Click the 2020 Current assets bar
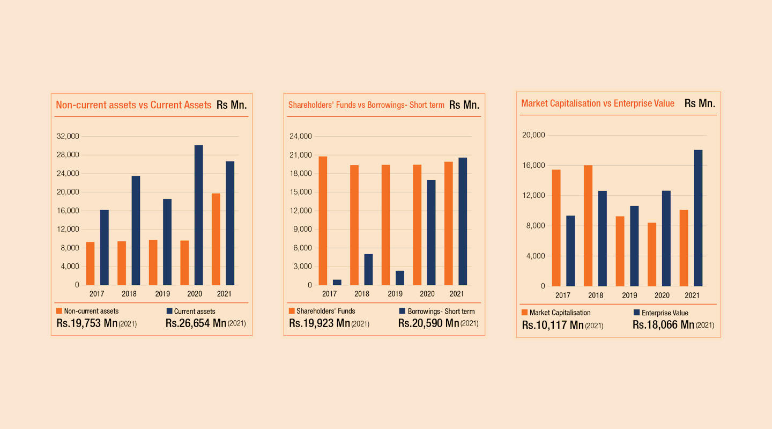pos(198,214)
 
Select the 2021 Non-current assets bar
pos(216,239)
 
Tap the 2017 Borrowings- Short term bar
pos(337,282)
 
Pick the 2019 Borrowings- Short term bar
pos(400,278)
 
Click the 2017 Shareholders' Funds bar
pos(323,220)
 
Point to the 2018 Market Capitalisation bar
pos(588,226)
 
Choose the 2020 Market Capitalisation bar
pos(652,254)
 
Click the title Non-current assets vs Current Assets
pos(133,105)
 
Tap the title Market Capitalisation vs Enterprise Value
pos(598,103)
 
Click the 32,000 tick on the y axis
pos(68,136)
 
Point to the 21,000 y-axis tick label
pos(301,155)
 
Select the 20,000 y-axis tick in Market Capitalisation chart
pos(533,135)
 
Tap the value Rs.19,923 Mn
pos(320,323)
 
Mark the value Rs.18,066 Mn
pos(663,324)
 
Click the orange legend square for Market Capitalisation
pos(524,312)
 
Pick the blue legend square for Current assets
pos(169,311)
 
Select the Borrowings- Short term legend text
pos(441,311)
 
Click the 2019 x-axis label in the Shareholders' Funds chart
pos(395,294)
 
